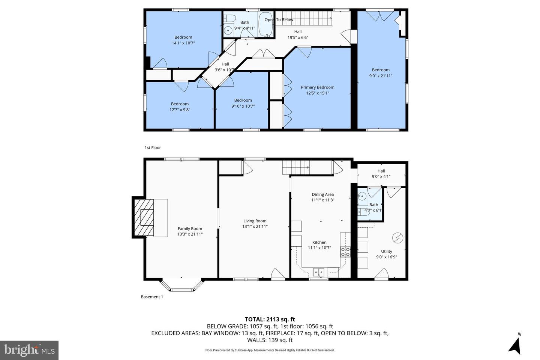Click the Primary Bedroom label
click(317, 87)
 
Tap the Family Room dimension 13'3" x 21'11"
click(190, 234)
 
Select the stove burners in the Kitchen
click(345, 252)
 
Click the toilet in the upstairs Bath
click(229, 19)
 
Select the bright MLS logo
click(29, 350)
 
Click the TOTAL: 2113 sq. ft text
click(270, 319)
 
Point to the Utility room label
click(387, 252)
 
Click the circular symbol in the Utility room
click(397, 238)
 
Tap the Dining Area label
click(322, 195)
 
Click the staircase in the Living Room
click(296, 167)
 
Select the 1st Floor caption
click(153, 148)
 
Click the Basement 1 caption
click(152, 297)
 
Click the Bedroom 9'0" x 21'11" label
click(381, 70)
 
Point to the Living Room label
click(255, 221)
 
